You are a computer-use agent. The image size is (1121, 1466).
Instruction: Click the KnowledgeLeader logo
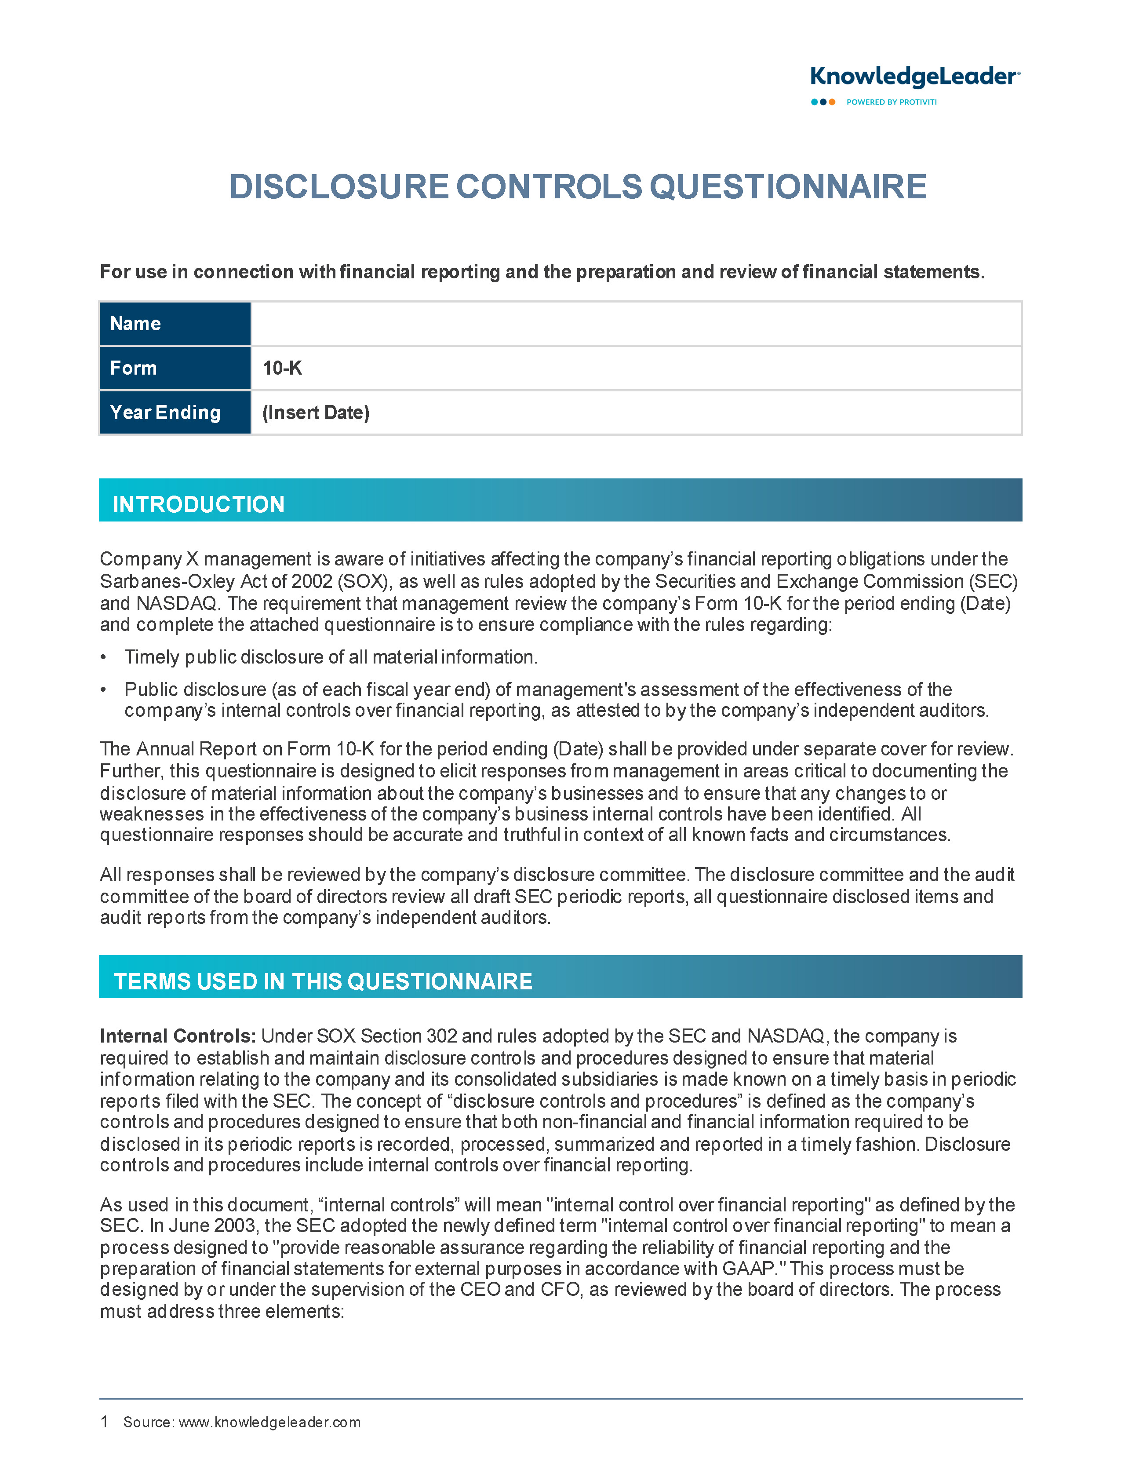(x=914, y=77)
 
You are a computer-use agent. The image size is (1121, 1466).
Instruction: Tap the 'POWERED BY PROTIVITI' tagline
(x=892, y=102)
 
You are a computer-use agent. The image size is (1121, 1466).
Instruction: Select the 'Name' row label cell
(x=175, y=324)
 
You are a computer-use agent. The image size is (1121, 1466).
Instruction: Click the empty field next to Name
(x=635, y=324)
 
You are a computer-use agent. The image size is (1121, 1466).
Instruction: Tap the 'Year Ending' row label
(x=165, y=412)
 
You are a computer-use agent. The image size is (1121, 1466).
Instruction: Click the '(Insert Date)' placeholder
(x=316, y=412)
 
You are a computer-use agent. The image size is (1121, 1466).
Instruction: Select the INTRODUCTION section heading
(x=199, y=504)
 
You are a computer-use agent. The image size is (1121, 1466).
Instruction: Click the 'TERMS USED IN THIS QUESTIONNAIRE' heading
(x=323, y=981)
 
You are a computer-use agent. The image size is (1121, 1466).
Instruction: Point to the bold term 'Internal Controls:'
(x=178, y=1036)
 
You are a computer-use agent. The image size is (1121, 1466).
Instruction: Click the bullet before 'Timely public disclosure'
(x=103, y=658)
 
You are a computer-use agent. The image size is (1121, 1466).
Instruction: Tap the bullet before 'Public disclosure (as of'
(x=103, y=690)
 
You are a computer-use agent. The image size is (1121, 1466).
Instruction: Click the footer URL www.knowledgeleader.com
(x=269, y=1422)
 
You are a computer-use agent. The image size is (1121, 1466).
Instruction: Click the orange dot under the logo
(x=832, y=102)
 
